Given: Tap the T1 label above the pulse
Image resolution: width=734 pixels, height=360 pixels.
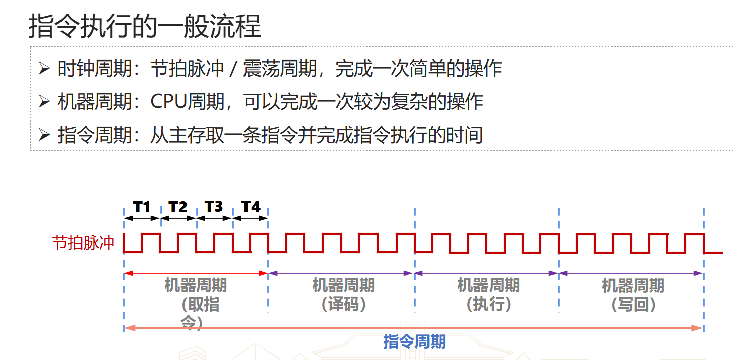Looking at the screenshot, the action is pos(142,207).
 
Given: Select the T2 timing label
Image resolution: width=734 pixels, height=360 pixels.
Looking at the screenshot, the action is pos(178,207).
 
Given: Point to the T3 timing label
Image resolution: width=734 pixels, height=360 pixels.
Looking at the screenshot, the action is pos(214,207).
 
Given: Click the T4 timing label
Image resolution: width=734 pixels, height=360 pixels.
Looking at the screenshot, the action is pos(251,207).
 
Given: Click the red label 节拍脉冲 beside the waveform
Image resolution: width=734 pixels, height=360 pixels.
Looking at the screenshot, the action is pos(84,243).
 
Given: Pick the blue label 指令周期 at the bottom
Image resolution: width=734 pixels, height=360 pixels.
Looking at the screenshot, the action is pos(414,341).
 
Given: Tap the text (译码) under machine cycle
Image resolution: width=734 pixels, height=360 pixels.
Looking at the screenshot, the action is pos(343,305).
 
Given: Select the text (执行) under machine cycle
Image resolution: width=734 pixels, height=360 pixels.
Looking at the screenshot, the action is pos(488,305).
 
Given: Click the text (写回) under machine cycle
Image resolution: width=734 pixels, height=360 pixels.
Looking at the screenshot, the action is pos(633,305).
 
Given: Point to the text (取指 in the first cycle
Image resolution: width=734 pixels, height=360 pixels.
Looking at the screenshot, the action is pos(200,305).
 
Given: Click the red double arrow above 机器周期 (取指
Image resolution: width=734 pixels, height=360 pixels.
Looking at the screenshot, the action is pos(196,273).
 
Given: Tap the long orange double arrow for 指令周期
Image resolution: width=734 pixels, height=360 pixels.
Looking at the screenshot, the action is pos(413,328).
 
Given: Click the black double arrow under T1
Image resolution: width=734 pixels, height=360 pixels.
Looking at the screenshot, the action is pos(142,218).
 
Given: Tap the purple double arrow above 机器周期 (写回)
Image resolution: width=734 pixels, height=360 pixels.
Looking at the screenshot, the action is pos(631,273).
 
